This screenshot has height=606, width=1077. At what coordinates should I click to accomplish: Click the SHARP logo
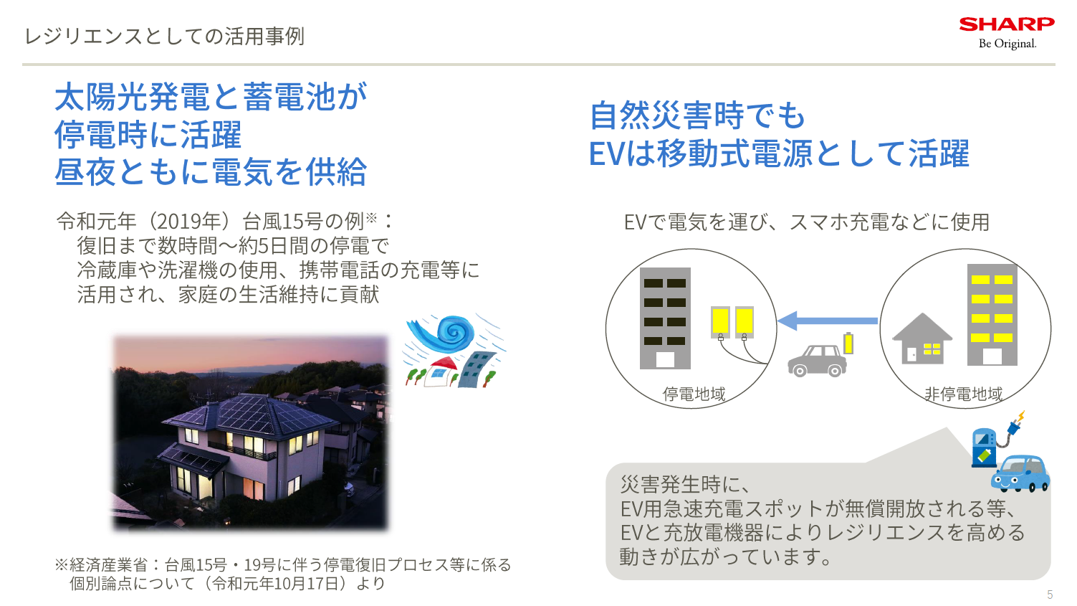point(1006,24)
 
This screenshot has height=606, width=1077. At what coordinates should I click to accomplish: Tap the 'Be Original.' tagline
point(1007,44)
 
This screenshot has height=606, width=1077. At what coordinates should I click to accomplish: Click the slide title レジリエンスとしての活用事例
point(165,36)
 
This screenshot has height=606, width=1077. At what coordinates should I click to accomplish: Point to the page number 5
point(1050,595)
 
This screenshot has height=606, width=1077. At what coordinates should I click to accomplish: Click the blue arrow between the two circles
point(828,321)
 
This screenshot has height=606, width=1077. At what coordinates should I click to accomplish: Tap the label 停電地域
point(694,394)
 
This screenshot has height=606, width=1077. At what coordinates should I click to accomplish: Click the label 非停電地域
point(963,394)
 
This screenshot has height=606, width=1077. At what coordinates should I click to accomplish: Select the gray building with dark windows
point(665,318)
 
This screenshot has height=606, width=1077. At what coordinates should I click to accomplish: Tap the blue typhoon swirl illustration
point(441,333)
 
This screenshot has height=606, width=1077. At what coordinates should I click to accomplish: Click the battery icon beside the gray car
point(849,343)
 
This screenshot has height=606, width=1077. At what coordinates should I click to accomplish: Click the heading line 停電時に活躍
point(148,135)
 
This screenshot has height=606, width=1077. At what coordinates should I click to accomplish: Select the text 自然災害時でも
point(697,115)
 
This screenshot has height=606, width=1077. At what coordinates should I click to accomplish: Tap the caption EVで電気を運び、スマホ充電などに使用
point(806,222)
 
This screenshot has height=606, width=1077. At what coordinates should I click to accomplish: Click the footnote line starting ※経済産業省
point(283,565)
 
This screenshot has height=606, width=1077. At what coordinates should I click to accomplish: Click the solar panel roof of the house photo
point(244,412)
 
